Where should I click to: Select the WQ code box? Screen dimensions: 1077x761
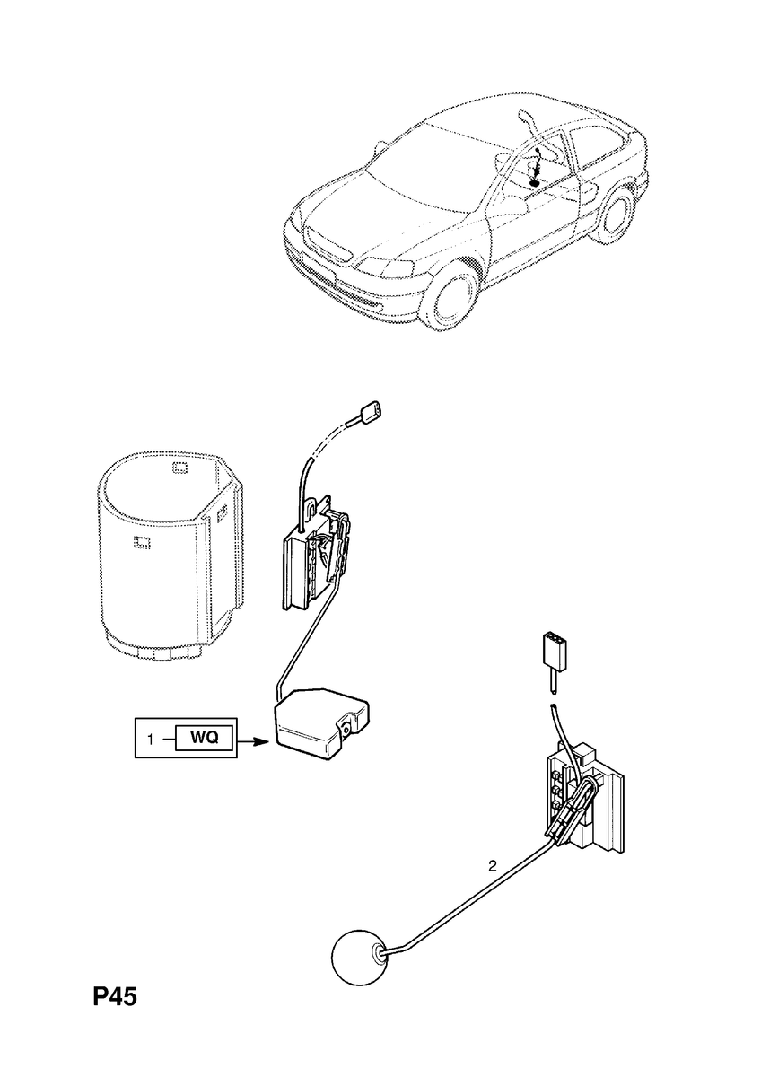[205, 739]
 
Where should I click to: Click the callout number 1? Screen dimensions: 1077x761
[152, 739]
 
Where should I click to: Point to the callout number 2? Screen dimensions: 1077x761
[492, 866]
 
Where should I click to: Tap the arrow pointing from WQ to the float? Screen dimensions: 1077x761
[255, 741]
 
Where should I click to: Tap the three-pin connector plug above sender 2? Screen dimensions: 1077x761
[553, 650]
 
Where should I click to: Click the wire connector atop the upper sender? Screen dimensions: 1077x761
[371, 415]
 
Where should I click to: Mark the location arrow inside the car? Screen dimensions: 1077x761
[537, 169]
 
